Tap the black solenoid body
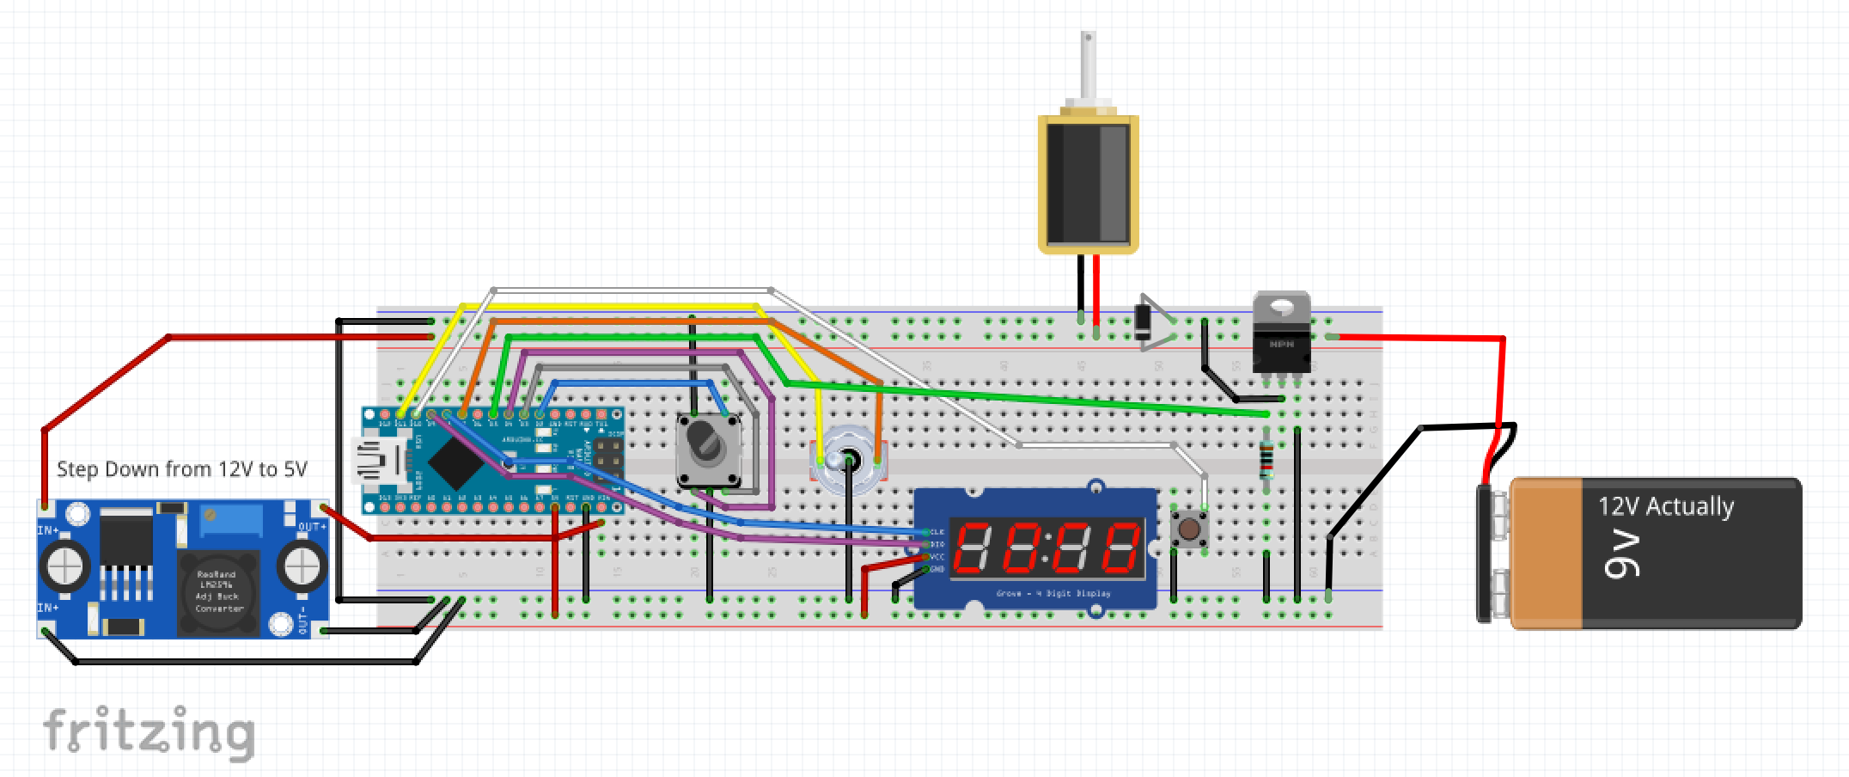point(1088,182)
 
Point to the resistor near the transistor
point(1266,460)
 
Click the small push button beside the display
point(1190,529)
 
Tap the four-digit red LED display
point(1047,548)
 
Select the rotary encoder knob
point(708,447)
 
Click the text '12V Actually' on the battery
point(1665,506)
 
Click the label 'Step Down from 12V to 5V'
point(181,469)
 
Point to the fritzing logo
point(149,732)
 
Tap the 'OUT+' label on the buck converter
point(311,526)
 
